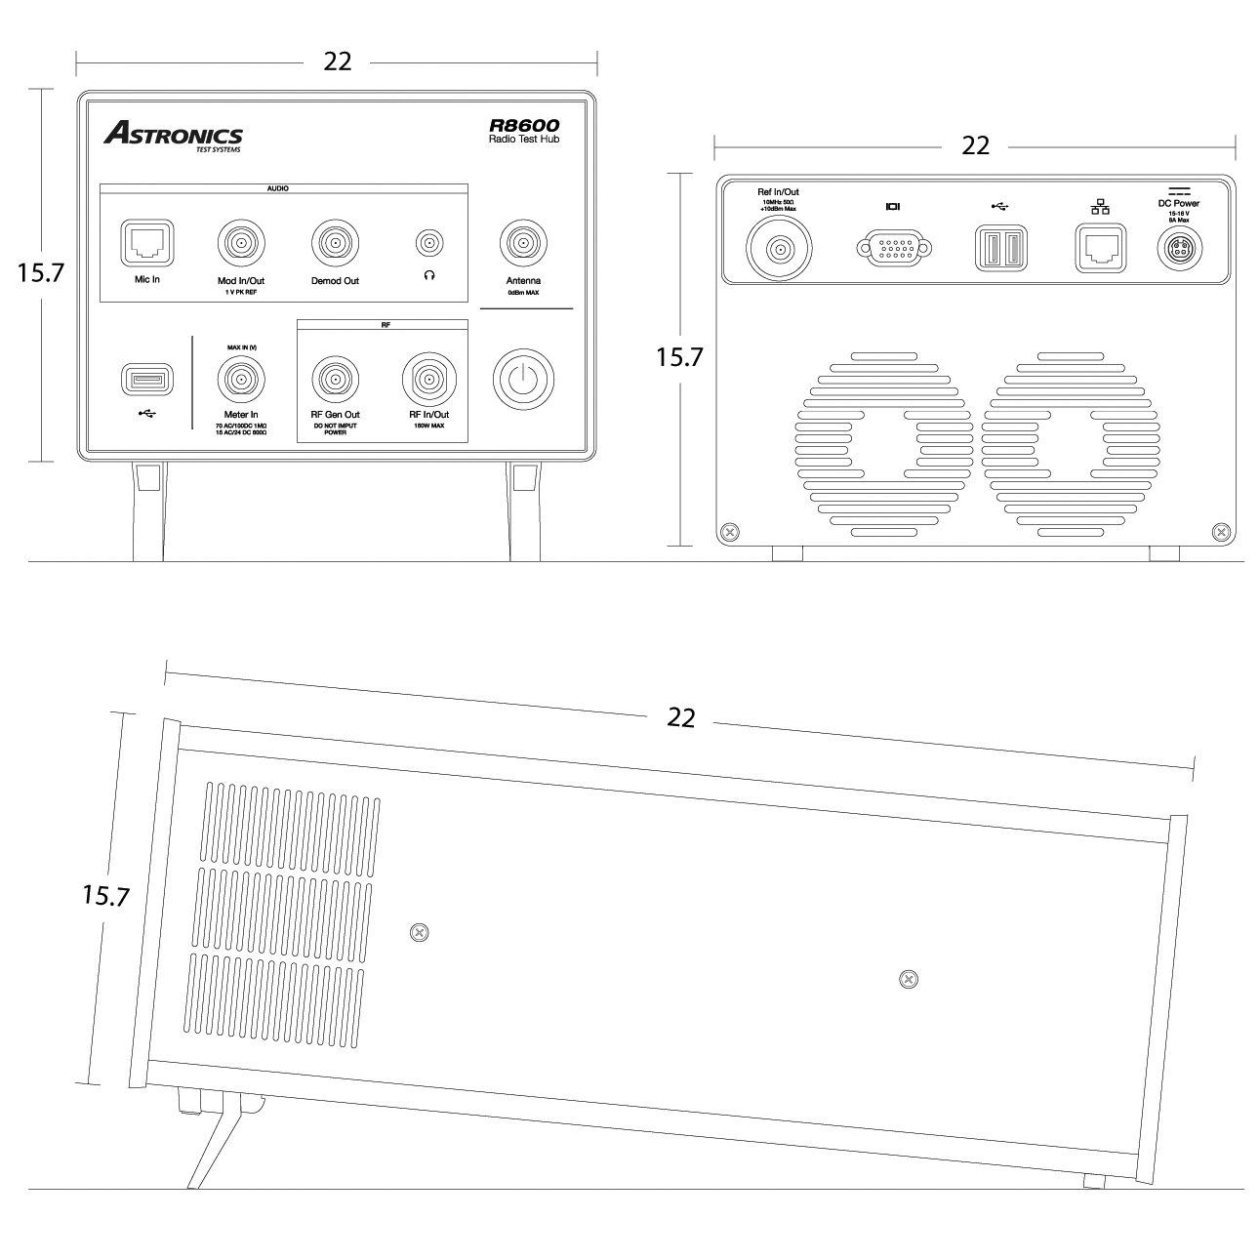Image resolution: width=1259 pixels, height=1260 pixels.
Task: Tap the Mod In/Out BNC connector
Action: (240, 241)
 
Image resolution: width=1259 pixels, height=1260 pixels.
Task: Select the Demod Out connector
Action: (335, 241)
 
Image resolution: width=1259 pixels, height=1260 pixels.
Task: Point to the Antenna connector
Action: (523, 241)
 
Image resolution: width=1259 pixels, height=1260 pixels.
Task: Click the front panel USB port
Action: (147, 379)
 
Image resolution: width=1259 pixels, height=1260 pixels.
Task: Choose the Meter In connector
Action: (240, 377)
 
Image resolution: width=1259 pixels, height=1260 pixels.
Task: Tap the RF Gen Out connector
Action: (335, 377)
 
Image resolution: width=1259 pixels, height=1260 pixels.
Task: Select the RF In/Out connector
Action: (428, 377)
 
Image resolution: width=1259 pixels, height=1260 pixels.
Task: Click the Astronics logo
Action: (174, 136)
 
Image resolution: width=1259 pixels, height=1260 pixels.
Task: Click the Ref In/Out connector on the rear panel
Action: (779, 250)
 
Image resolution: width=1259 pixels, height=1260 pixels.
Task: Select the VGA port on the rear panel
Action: (893, 248)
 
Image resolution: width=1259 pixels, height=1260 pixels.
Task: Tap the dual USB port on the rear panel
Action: (998, 248)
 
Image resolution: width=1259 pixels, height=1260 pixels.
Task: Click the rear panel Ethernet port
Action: (1100, 248)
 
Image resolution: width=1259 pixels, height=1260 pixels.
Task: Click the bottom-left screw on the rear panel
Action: (728, 532)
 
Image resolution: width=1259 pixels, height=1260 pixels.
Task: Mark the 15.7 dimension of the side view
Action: (105, 896)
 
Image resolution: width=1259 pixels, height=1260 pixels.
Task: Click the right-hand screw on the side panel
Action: (909, 978)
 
